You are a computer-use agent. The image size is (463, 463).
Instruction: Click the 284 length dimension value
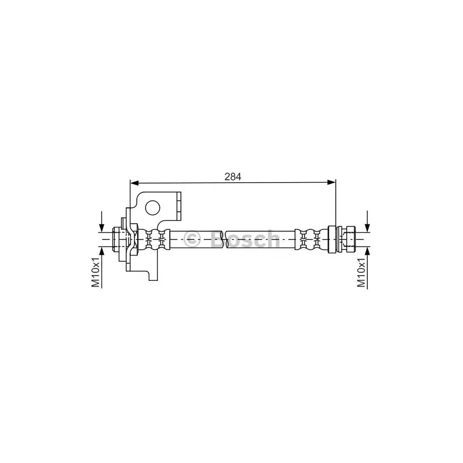(233, 176)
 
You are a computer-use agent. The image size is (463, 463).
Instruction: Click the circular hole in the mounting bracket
(152, 207)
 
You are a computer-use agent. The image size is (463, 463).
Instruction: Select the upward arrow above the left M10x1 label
(102, 251)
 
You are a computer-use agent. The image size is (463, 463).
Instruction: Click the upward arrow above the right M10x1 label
(367, 251)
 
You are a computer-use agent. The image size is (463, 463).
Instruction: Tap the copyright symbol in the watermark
(192, 238)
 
